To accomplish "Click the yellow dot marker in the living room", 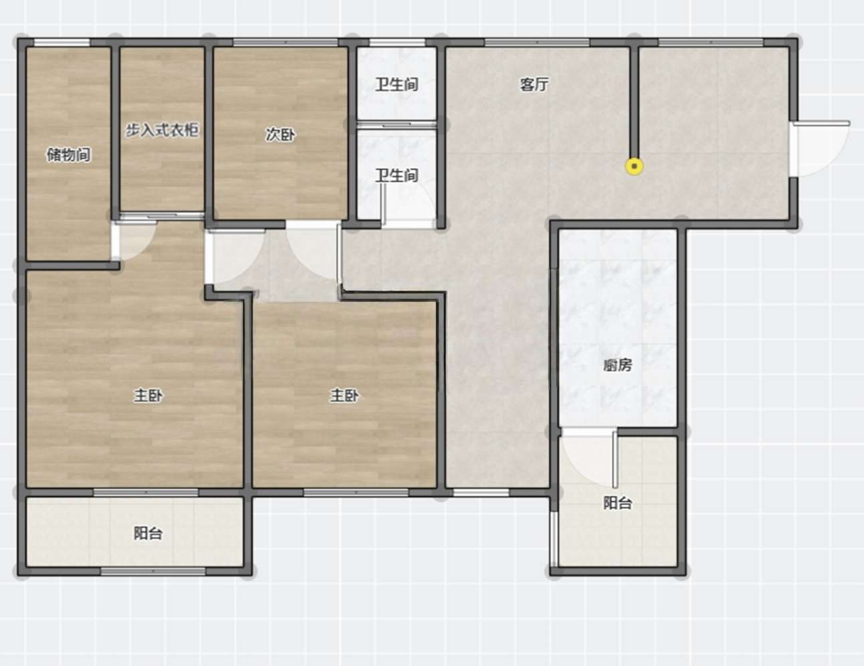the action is (634, 166).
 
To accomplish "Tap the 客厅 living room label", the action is (534, 85).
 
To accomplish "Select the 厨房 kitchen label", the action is (617, 365).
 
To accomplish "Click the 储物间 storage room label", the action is (69, 154).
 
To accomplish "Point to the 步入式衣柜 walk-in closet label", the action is (162, 130).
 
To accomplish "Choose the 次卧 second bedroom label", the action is (280, 134).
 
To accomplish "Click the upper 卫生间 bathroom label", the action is (397, 84).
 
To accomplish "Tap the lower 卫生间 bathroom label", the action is (397, 175).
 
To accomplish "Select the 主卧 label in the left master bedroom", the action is (148, 395).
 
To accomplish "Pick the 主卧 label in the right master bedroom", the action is (344, 395).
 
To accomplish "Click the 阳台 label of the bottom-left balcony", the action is (148, 533).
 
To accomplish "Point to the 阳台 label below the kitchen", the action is (617, 503).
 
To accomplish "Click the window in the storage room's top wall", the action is (62, 43).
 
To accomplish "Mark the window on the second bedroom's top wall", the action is (286, 43).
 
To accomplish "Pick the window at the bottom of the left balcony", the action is (153, 572).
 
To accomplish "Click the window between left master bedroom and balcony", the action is (146, 493).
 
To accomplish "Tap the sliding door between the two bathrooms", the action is (397, 125).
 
